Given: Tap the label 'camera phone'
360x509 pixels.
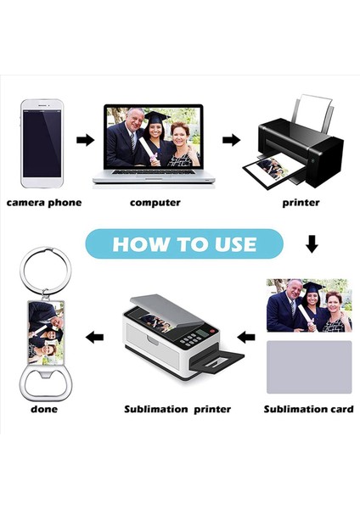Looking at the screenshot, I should tap(45, 203).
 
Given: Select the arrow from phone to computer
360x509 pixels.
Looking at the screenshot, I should tap(85, 140).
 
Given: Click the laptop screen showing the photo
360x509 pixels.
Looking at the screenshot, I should tap(154, 137).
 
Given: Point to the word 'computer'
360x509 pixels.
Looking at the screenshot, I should tap(155, 203).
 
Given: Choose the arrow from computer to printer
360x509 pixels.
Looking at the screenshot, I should tap(230, 139).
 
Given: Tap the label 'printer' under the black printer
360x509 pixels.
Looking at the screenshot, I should tap(301, 203).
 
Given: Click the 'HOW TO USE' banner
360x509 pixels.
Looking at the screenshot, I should tap(184, 244).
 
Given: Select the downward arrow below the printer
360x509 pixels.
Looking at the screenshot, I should tap(312, 245).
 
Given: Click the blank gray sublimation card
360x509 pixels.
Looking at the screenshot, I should tap(309, 366).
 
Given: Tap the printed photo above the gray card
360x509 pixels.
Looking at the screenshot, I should tap(308, 305).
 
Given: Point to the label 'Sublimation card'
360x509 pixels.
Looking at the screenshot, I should tap(307, 409).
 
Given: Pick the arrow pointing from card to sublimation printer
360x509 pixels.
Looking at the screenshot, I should tap(247, 337).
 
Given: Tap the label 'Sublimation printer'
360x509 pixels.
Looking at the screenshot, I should tap(177, 409).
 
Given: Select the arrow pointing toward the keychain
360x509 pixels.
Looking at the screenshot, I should tap(95, 337).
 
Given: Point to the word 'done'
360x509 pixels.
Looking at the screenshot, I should tap(44, 409).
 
